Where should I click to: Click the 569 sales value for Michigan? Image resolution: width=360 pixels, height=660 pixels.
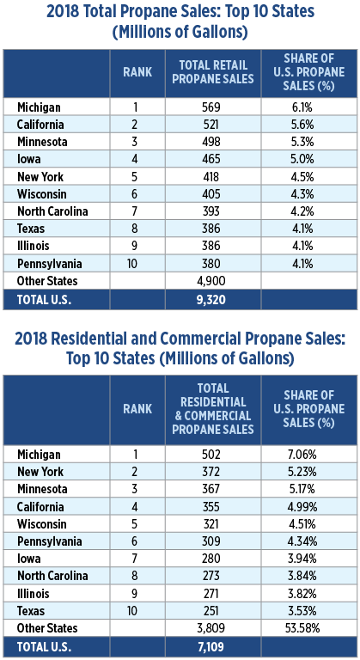(211, 107)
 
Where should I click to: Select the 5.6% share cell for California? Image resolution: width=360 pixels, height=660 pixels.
(302, 125)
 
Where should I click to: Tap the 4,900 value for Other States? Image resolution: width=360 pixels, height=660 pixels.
(211, 281)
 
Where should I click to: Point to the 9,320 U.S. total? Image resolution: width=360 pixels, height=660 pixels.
(211, 299)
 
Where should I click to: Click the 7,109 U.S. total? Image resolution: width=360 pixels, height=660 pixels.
(211, 646)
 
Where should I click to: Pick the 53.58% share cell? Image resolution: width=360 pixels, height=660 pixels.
(302, 628)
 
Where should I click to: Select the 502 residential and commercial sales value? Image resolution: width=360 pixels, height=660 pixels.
(211, 455)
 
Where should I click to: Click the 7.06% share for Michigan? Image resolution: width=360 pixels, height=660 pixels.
(302, 455)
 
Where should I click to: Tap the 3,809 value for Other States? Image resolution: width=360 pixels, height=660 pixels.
(211, 628)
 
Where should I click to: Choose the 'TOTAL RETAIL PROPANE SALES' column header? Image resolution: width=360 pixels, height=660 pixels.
(213, 72)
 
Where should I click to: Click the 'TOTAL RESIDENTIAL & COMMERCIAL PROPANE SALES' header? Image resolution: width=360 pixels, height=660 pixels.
(213, 409)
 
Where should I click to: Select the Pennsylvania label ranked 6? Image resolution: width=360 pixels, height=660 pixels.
(50, 541)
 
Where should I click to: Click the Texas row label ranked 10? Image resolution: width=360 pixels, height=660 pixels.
(31, 611)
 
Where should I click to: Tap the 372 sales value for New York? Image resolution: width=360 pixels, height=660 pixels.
(211, 472)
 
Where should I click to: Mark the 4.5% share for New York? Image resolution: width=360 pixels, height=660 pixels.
(302, 176)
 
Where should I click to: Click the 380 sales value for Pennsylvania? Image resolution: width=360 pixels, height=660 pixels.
(211, 264)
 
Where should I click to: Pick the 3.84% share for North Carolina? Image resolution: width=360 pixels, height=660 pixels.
(302, 576)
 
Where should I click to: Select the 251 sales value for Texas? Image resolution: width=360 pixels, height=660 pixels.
(211, 611)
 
